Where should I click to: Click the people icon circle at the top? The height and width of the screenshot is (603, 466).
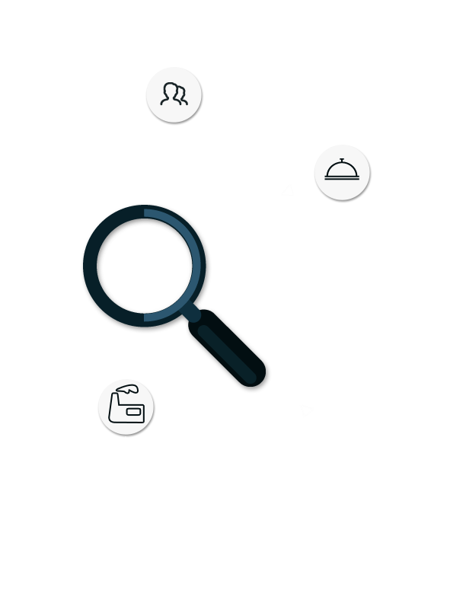(x=174, y=94)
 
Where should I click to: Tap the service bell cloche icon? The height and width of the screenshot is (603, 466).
(x=342, y=173)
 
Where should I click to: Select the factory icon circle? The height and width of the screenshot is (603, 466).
(x=126, y=408)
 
